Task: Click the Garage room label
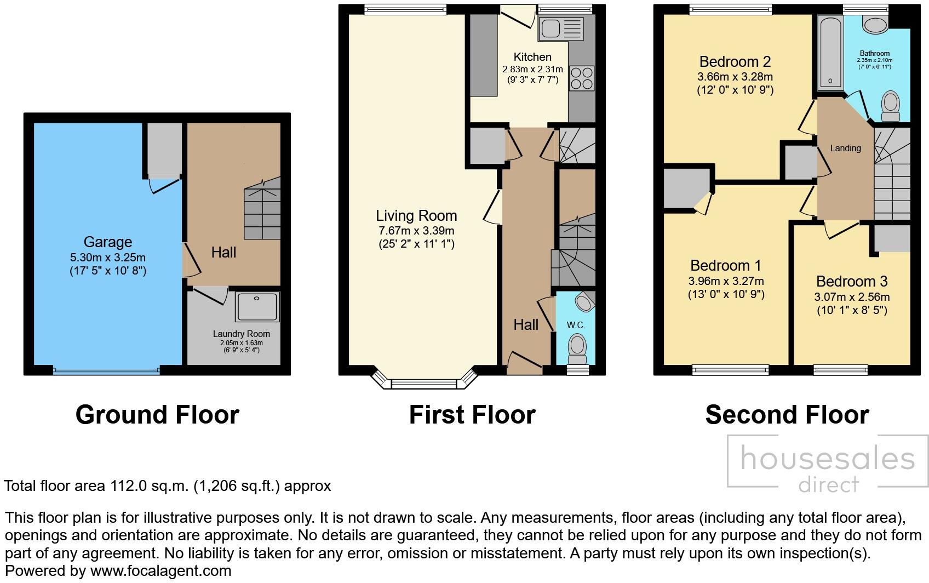(108, 242)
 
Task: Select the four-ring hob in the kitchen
(582, 78)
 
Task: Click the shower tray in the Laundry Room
(257, 306)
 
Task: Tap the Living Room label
(416, 215)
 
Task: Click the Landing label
(845, 148)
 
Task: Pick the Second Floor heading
(787, 415)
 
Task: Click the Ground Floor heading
(157, 415)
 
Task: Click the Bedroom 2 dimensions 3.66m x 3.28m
(735, 77)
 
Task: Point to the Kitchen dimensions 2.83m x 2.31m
(532, 69)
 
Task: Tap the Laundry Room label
(242, 334)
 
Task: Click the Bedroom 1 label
(726, 266)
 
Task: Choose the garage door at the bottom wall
(107, 370)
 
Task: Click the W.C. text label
(576, 325)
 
